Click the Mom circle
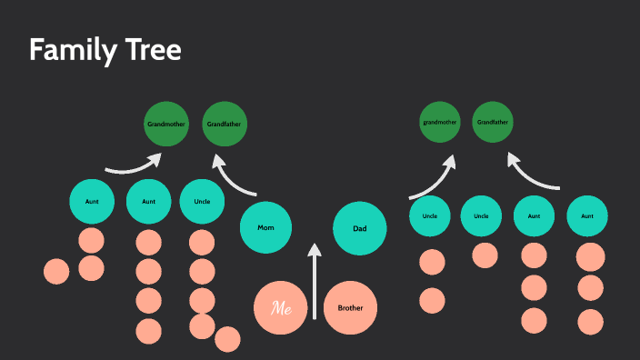coord(265,227)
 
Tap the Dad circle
coord(359,227)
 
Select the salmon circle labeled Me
coord(281,308)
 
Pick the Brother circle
coord(350,308)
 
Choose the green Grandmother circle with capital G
coord(166,123)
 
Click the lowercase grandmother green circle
coord(441,122)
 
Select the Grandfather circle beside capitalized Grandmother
coord(225,123)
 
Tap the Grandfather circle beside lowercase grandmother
coord(494,122)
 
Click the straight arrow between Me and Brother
coord(315,282)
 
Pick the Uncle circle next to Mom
coord(202,202)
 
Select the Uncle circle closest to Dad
coord(430,216)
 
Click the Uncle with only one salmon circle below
coord(481,216)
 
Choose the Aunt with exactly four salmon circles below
coord(148,202)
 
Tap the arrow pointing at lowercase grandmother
coord(435,177)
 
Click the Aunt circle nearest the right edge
coord(587,216)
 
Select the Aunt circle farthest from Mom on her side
coord(93,202)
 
